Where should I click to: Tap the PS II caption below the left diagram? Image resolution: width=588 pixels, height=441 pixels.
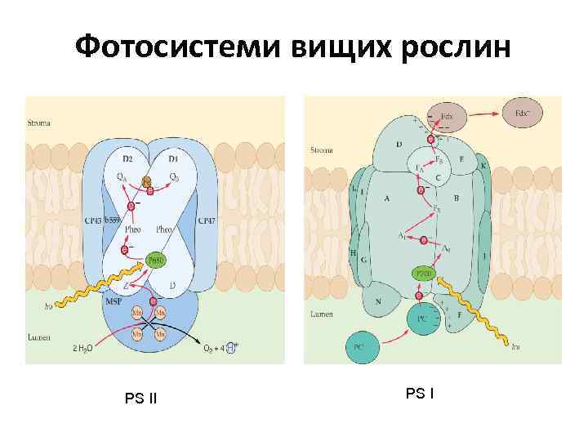point(140,399)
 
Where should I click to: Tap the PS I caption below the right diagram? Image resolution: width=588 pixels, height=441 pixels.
point(420,394)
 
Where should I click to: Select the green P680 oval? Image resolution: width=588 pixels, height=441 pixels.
point(157,260)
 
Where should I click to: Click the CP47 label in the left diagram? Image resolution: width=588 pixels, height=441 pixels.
point(207,220)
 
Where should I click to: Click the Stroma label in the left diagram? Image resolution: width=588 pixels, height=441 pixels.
point(38,123)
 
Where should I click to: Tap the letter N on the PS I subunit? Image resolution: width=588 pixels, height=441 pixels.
point(379,302)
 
